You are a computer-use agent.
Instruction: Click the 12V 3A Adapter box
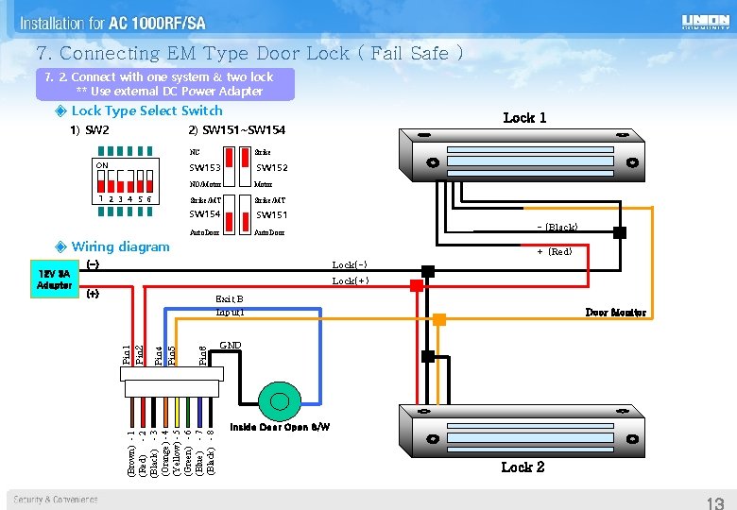54,280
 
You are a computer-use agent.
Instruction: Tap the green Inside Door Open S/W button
281,402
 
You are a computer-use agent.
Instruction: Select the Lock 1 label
524,117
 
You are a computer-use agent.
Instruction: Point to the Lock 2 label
523,467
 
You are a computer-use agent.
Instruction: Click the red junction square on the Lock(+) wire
416,284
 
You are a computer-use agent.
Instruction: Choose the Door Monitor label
615,313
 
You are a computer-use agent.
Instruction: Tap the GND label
230,346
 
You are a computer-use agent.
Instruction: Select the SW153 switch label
205,168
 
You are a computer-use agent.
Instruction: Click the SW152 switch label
272,168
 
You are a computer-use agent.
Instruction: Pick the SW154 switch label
205,214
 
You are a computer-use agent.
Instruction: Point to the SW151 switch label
272,215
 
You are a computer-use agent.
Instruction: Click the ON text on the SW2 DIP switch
101,165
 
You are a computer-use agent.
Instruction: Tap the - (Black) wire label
557,227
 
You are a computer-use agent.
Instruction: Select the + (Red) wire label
555,251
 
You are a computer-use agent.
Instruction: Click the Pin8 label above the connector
202,354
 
